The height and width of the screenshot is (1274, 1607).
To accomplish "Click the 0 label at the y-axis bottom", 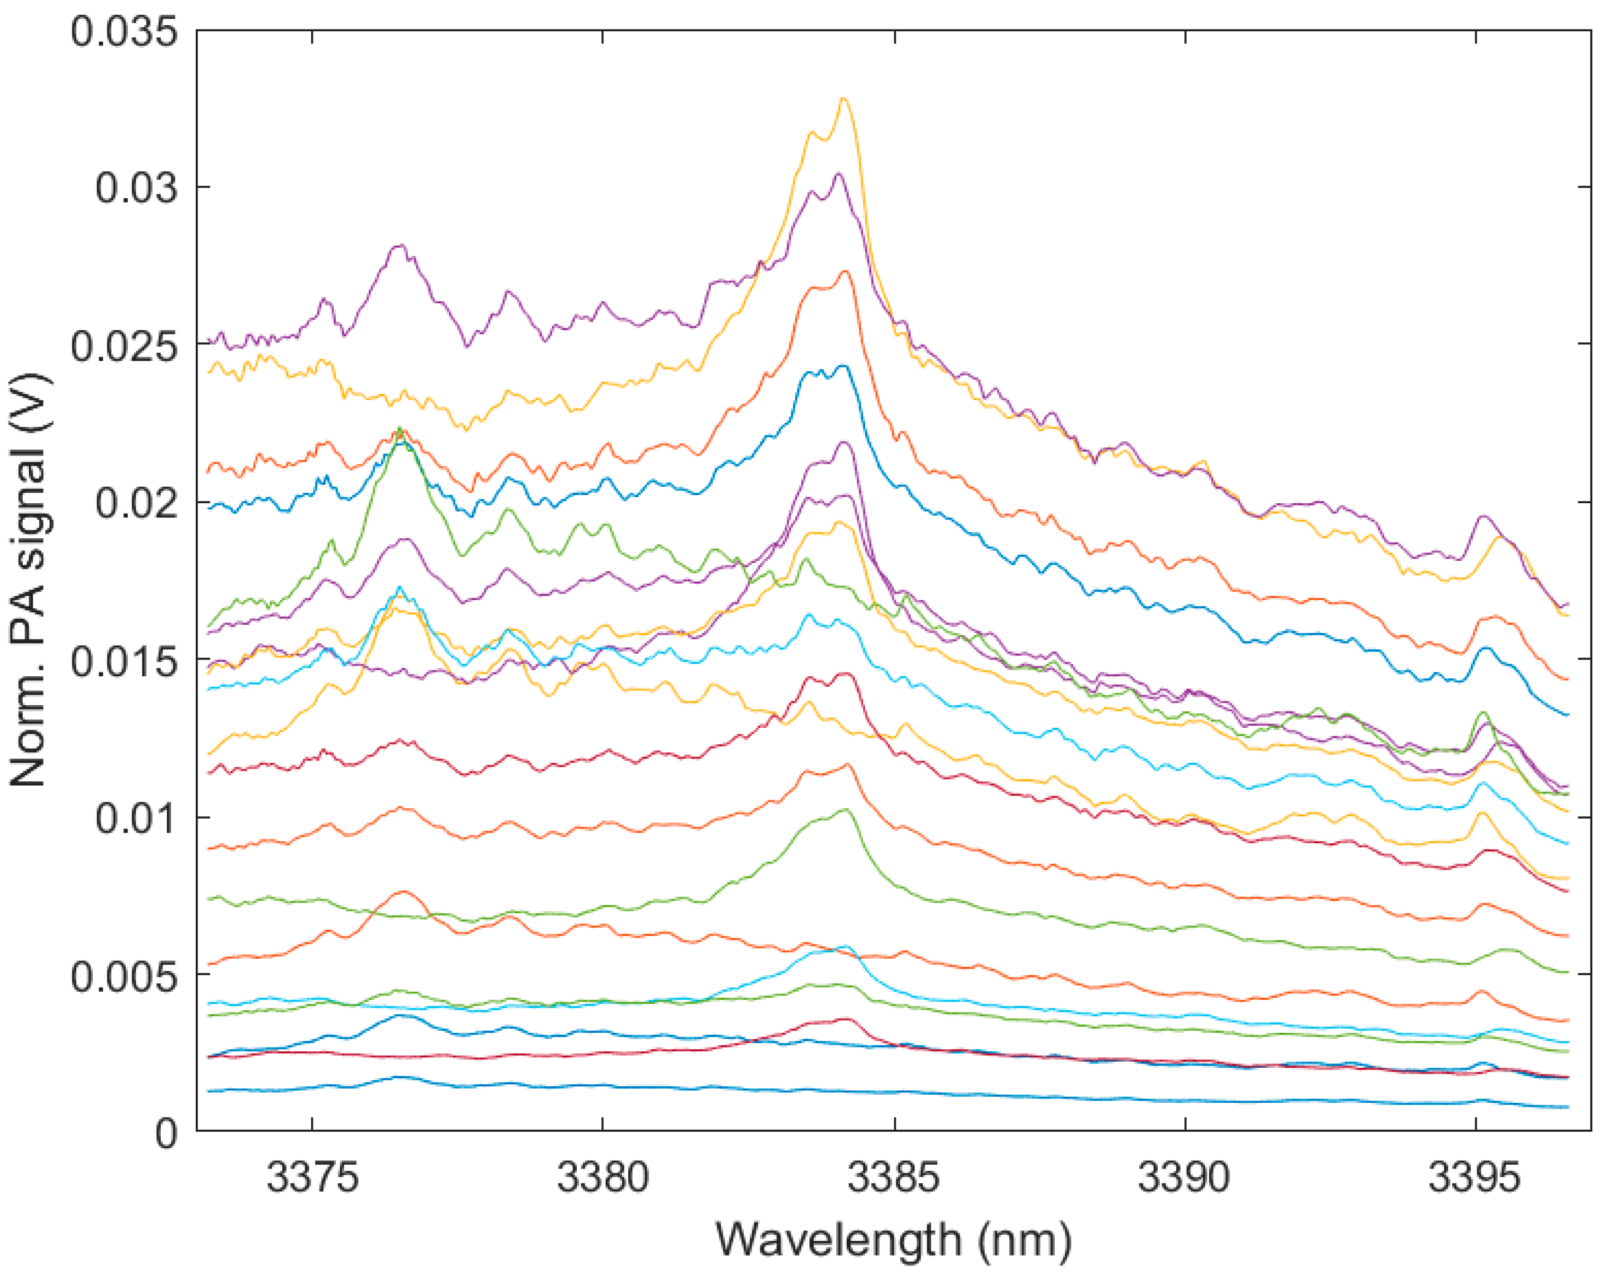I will point(166,1133).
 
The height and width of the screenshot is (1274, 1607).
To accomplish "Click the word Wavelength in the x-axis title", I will point(839,1240).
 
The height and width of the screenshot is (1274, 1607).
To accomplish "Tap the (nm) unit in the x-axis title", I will point(1025,1240).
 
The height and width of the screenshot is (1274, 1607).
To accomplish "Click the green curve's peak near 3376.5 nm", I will point(399,428).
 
